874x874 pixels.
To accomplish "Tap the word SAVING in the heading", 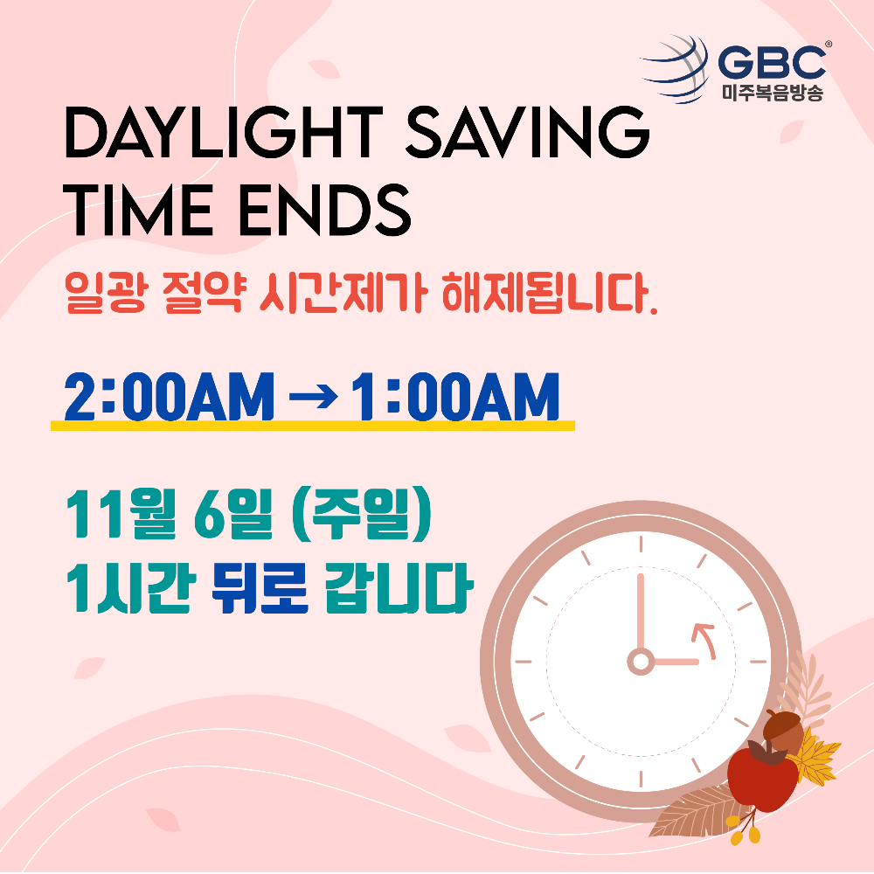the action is coord(527,133).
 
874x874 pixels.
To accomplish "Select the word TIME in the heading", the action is coord(138,210).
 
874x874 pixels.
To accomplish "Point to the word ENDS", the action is coord(325,210).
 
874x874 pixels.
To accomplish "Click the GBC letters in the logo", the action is coord(772,61).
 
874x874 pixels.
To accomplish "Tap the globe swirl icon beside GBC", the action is coord(676,69).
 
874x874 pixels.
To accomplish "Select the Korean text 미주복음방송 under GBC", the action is coord(772,93).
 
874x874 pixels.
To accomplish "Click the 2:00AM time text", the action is coord(169,396).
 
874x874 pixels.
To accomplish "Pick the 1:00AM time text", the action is coord(455,396).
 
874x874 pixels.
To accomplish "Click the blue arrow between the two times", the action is coord(313,398).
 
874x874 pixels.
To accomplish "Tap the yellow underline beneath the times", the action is coord(313,426).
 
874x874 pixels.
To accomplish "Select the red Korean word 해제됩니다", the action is coord(550,292).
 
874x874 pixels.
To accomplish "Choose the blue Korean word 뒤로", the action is coord(260,587).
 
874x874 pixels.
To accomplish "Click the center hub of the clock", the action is coord(641,662).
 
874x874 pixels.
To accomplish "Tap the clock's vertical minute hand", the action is coord(641,612).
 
